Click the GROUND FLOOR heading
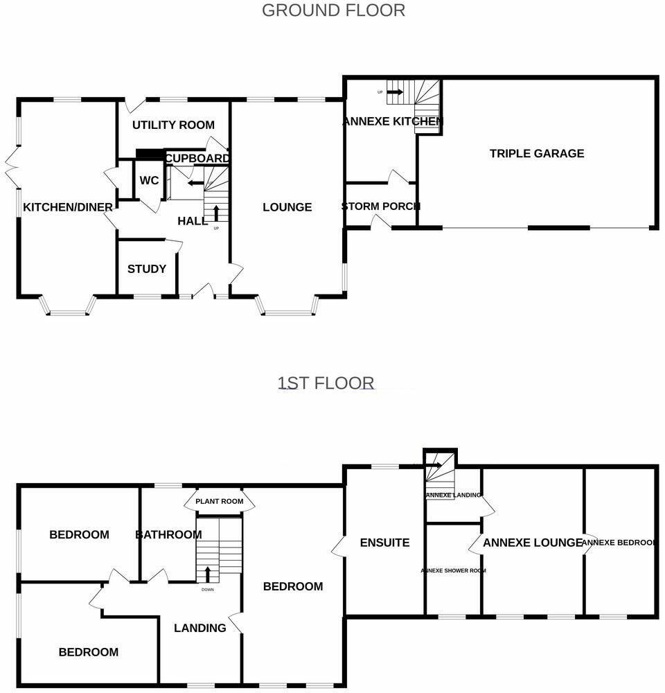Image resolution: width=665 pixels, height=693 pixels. pos(333,10)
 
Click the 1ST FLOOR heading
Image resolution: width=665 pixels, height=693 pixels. pos(326,383)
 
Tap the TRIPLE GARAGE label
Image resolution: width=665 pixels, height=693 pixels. pos(537,154)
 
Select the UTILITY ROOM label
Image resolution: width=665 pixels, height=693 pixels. pos(173,125)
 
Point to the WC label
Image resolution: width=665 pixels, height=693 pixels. pos(149,181)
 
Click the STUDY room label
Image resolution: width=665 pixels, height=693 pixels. pos(147,269)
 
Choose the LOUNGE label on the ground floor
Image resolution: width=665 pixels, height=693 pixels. pos(287,207)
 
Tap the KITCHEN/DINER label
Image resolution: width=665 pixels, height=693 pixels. pos(68,207)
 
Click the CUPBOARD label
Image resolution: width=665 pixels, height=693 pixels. pos(198,159)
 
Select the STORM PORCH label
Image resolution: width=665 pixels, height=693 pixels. pos(380,207)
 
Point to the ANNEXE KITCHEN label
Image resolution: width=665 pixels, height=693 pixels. pos(392,122)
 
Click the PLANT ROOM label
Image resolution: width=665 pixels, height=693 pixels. pos(219,501)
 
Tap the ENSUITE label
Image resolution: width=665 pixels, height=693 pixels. pos(385,543)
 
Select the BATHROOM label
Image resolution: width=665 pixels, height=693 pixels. pos(168,535)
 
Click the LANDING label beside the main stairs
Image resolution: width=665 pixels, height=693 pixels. pos(200,628)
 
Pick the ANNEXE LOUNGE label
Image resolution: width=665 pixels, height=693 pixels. pos(532,543)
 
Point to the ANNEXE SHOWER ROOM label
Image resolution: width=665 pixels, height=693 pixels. pos(453,571)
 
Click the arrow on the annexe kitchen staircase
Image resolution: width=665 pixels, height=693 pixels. pos(396,91)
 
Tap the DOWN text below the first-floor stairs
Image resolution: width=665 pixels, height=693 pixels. pos(208,590)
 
